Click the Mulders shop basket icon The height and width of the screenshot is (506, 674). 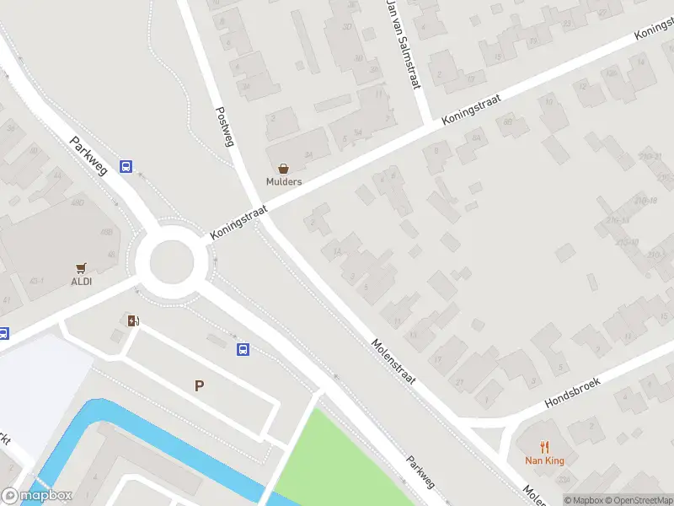[x=283, y=169]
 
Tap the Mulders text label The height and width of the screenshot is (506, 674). [x=284, y=182]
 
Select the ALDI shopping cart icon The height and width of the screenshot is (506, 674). [x=82, y=268]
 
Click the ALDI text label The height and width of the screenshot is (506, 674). [x=82, y=282]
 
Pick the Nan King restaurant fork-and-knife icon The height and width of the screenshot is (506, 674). [x=544, y=447]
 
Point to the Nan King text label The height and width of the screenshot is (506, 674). [x=544, y=460]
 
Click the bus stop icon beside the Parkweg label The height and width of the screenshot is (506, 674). [x=126, y=166]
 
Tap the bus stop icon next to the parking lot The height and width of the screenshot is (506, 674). [x=243, y=349]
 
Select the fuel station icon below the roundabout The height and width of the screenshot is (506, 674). [x=132, y=320]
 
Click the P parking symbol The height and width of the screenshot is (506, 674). [x=200, y=386]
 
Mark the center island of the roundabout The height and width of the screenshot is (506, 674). [x=171, y=261]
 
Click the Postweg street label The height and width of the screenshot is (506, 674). [x=224, y=127]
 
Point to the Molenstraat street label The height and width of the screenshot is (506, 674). [x=394, y=363]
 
